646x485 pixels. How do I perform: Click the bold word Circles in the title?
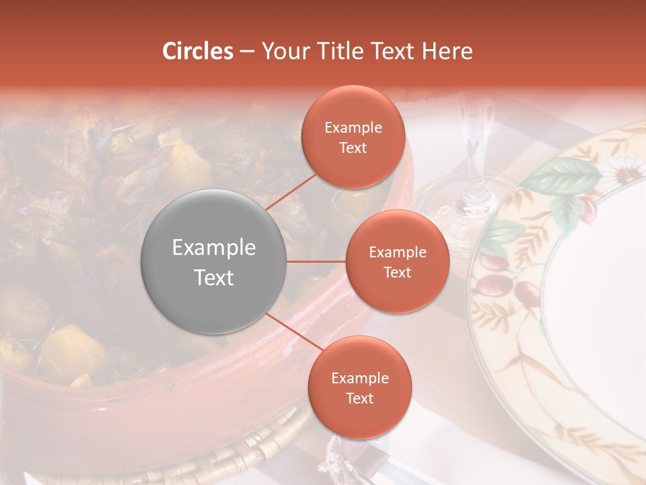(197, 51)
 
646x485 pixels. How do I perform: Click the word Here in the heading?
(446, 51)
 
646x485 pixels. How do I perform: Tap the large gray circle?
(213, 261)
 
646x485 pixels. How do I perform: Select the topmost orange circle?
(353, 137)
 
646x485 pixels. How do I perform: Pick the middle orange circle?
(397, 261)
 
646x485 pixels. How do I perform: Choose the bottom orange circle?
(359, 387)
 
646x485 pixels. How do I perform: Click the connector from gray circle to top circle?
(293, 191)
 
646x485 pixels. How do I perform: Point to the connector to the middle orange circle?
(316, 261)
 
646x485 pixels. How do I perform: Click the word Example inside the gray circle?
(213, 247)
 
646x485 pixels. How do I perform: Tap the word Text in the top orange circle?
(353, 148)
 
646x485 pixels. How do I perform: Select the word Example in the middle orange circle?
(397, 252)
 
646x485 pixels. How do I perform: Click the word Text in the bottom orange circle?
(359, 398)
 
